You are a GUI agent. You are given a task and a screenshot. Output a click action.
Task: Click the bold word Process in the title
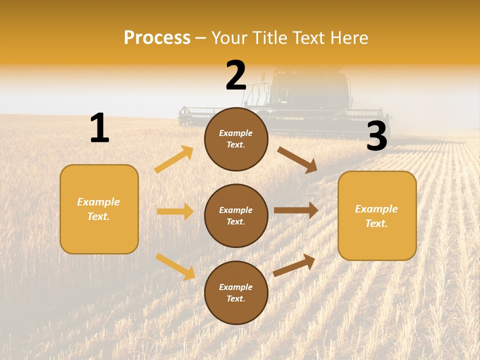157,38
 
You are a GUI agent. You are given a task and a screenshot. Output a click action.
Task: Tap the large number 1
99,128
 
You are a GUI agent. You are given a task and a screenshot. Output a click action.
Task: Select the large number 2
236,75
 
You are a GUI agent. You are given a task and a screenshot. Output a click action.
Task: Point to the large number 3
376,136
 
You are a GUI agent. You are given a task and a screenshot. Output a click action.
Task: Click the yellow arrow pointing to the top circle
173,159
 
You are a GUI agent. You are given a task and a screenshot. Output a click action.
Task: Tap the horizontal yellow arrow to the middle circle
175,211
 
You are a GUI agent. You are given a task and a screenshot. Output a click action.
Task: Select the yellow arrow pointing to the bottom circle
175,266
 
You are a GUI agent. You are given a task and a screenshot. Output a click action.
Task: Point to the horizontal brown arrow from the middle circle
296,210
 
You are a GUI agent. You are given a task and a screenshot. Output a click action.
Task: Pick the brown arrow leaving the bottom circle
294,265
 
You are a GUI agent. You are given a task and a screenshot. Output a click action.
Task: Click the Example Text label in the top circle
236,139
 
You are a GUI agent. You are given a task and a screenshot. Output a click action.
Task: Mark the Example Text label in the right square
376,216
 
